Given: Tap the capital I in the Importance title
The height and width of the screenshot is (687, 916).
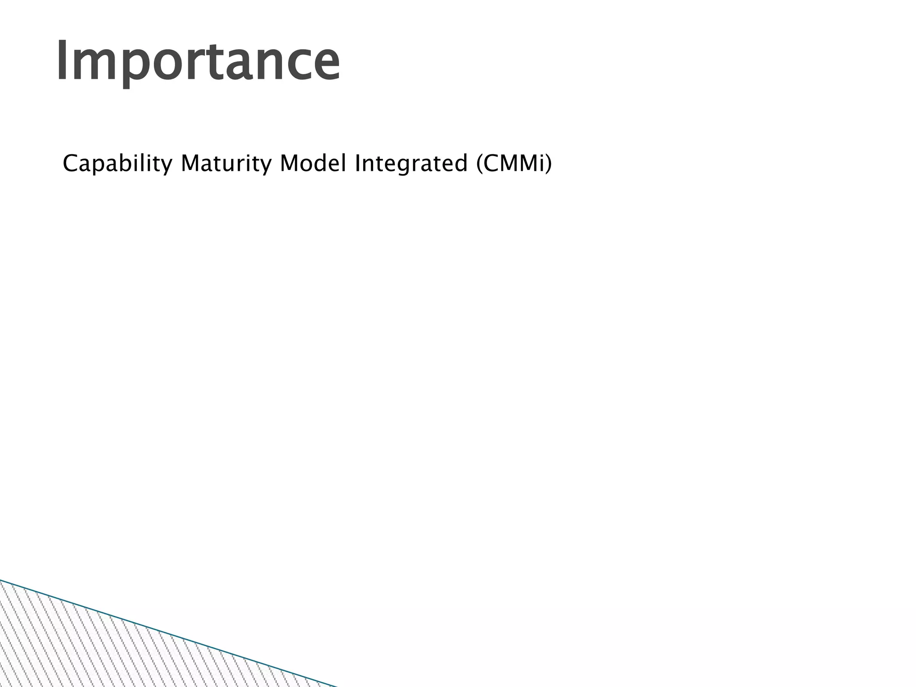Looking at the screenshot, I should [x=63, y=60].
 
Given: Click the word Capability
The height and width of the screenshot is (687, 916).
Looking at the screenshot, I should [x=117, y=164].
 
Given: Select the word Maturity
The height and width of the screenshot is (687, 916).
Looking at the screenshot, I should [x=226, y=164].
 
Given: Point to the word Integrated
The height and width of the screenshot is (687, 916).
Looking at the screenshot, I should [x=411, y=164].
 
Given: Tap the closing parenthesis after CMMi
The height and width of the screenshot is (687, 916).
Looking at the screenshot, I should [x=548, y=164].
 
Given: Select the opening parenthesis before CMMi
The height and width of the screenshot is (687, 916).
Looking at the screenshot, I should [x=479, y=164].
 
